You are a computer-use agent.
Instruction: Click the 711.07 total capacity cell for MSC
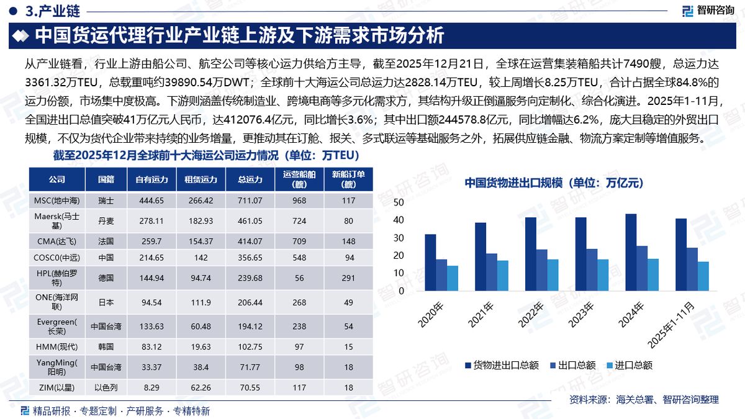click(x=250, y=200)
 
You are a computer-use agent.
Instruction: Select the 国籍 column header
click(x=106, y=180)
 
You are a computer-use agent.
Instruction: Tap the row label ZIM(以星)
click(x=56, y=387)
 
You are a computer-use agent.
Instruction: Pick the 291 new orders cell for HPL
click(x=348, y=277)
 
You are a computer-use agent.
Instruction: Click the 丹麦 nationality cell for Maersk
click(x=106, y=221)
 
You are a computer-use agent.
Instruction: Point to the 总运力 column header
click(x=250, y=180)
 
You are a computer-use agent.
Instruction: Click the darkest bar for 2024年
click(x=631, y=252)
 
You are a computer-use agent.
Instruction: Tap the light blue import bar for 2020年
click(x=453, y=278)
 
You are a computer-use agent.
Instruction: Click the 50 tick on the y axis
click(x=399, y=202)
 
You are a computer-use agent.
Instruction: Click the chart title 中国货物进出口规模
click(x=553, y=183)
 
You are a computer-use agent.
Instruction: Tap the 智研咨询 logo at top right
click(x=707, y=11)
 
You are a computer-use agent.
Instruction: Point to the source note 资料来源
click(x=644, y=400)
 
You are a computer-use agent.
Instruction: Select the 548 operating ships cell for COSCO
click(x=300, y=257)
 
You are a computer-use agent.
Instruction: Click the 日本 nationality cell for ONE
click(x=106, y=303)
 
